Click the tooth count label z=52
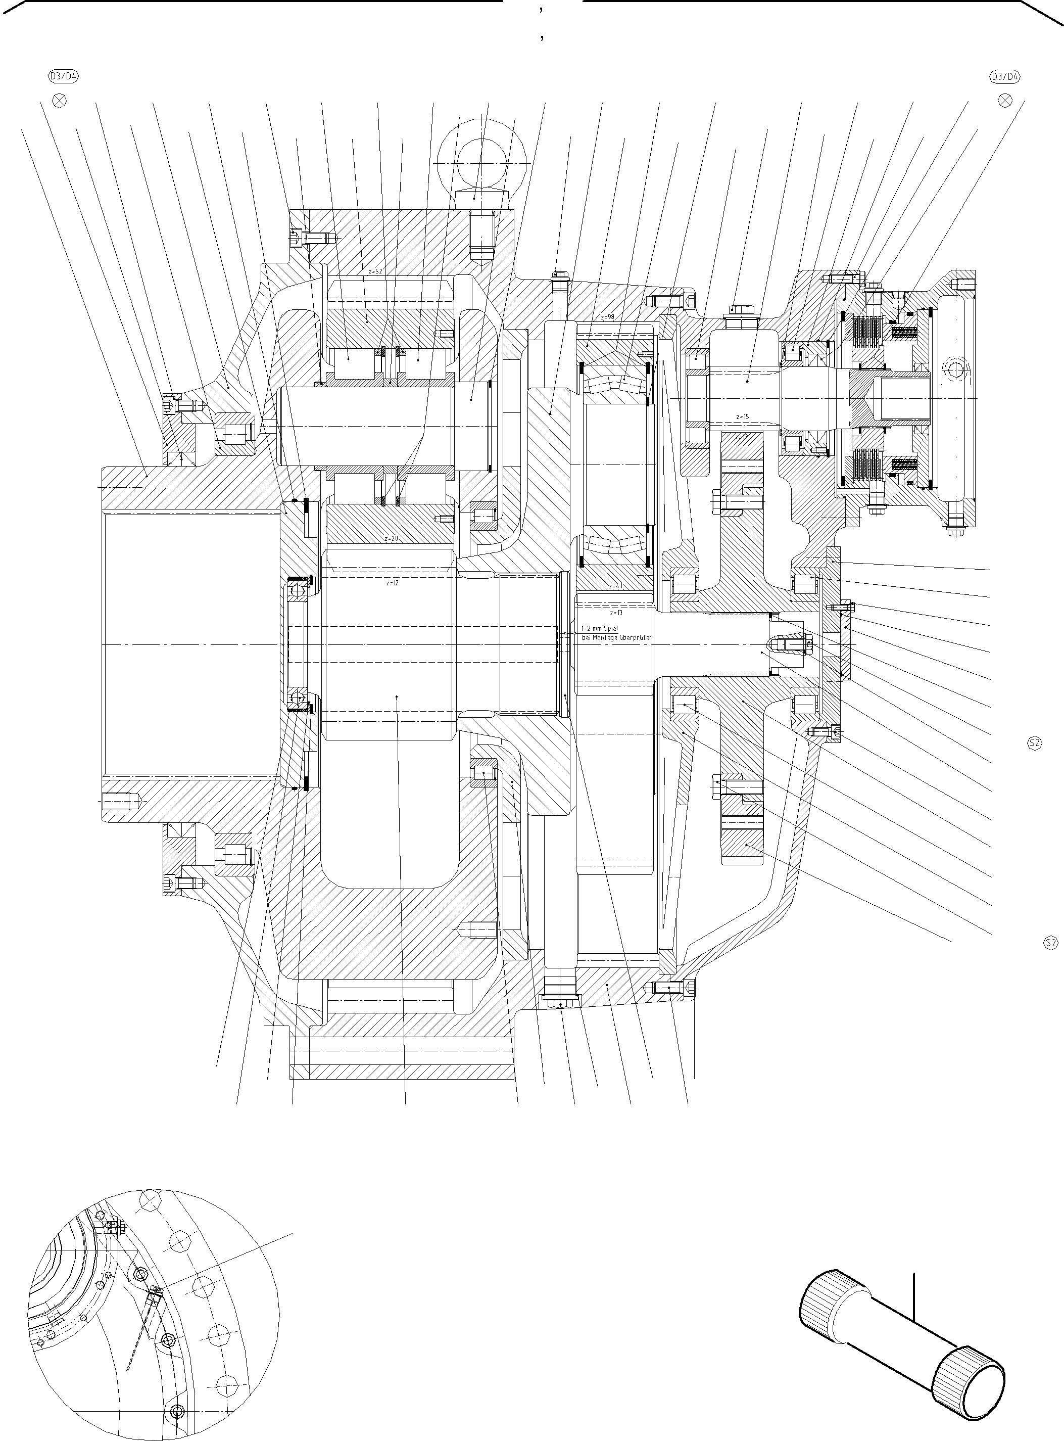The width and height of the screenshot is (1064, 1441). tap(375, 272)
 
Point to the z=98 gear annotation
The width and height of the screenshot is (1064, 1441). tap(607, 317)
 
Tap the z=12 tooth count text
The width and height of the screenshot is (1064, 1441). tap(392, 583)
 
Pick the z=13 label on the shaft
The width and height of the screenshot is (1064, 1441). tap(616, 613)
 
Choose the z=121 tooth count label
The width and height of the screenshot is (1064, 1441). tap(743, 437)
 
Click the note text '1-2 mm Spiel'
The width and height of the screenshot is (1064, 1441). tap(600, 628)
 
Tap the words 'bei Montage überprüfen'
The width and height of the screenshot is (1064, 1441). tap(616, 637)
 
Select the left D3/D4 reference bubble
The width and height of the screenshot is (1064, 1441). tap(64, 77)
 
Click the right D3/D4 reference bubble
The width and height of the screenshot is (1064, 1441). tap(1005, 77)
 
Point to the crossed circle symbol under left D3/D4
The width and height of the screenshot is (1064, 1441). tap(59, 101)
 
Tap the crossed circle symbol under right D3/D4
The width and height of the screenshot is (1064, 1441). tap(1005, 101)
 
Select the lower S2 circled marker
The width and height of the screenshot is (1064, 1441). tap(1050, 943)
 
